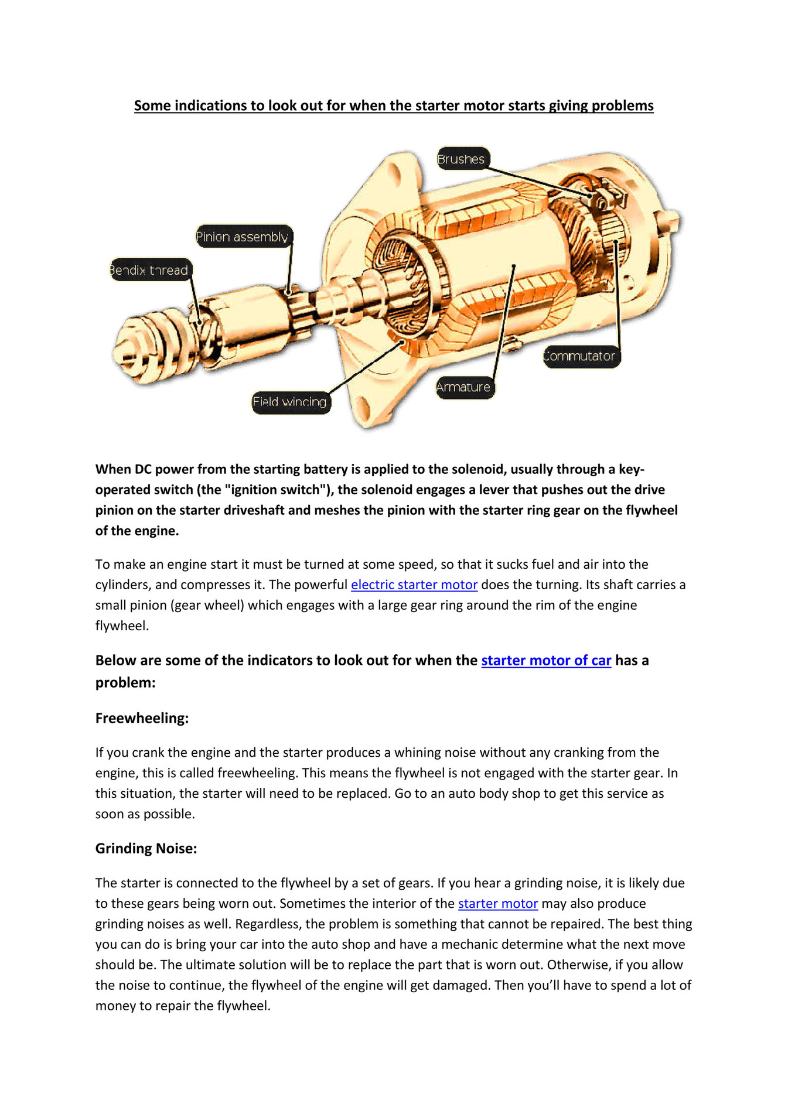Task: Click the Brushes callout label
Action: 462,159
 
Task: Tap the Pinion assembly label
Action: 243,237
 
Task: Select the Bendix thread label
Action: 150,270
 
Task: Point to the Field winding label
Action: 290,402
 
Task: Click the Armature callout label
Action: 463,387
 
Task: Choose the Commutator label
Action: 580,356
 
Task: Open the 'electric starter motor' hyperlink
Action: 414,585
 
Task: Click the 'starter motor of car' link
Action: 546,661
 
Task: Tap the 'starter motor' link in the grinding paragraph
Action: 497,904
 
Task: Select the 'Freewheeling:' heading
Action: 142,718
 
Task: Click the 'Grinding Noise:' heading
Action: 146,849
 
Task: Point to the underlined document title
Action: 394,105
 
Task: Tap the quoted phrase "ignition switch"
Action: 277,490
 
